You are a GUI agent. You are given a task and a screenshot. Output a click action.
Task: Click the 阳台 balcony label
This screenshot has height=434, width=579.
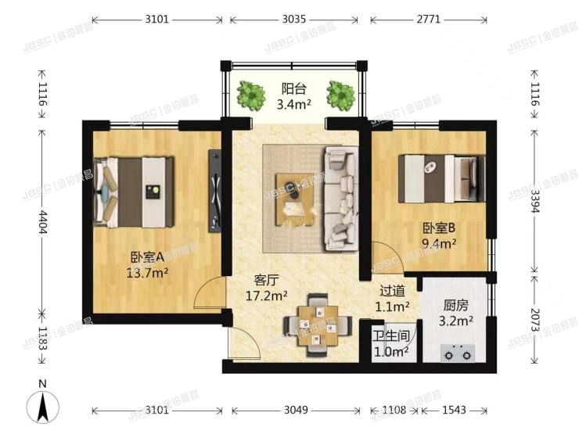[x=294, y=88]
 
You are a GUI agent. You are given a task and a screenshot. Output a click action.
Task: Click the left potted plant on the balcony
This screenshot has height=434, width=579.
[x=250, y=95]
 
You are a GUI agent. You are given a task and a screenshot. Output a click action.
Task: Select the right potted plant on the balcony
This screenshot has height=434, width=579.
[x=341, y=95]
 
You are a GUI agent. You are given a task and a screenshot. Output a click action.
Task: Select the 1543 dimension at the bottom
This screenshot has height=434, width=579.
[x=454, y=410]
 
